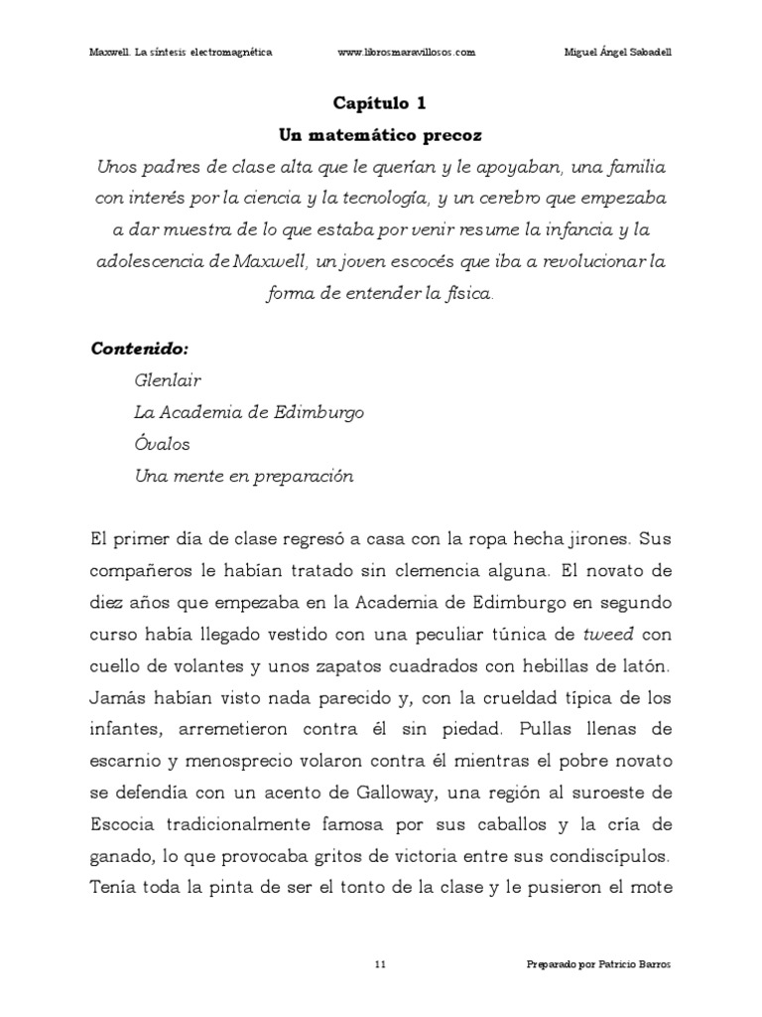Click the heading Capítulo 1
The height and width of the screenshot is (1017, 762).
click(381, 102)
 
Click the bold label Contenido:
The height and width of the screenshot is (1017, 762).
click(139, 350)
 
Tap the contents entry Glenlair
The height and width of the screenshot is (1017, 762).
click(166, 380)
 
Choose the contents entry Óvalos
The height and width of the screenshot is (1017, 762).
click(162, 444)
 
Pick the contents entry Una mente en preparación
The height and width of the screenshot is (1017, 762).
click(244, 476)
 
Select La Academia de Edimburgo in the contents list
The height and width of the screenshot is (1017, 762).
click(249, 412)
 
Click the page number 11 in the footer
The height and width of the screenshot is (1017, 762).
click(381, 964)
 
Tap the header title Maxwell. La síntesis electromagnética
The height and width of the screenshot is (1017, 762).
click(181, 53)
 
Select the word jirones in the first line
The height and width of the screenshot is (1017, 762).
click(591, 539)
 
